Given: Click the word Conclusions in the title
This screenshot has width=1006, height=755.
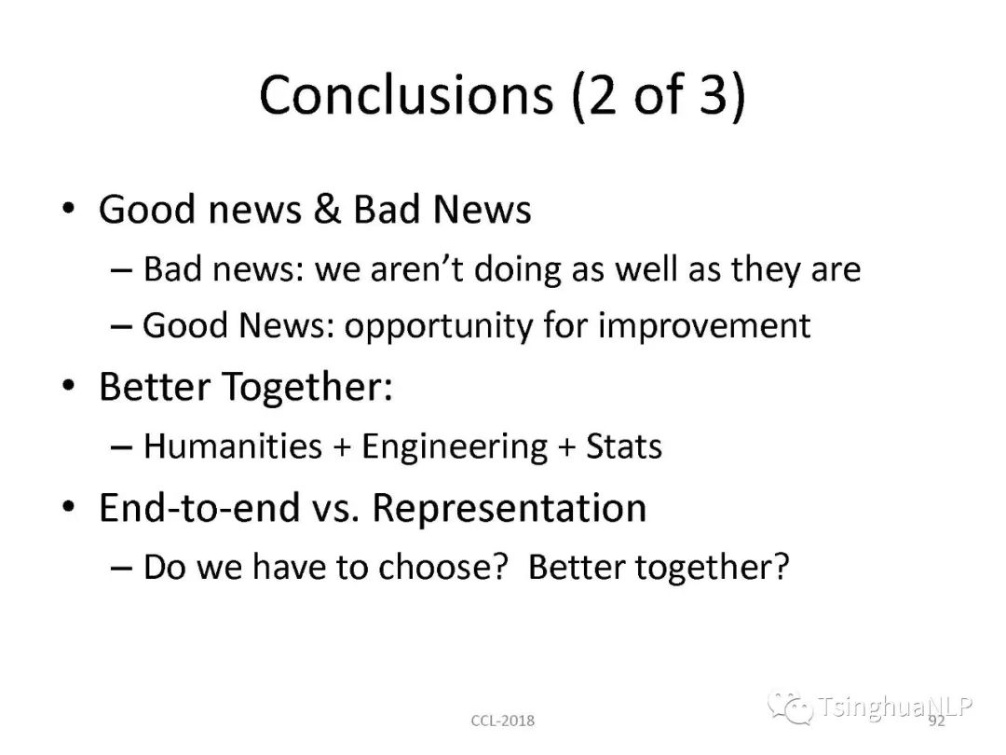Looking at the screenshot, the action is [406, 95].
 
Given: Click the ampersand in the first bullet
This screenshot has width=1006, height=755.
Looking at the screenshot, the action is [327, 210].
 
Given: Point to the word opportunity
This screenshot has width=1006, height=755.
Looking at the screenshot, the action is [438, 326].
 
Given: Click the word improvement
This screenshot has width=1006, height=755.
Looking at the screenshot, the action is [704, 325].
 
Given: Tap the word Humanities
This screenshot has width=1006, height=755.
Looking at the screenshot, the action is [233, 446].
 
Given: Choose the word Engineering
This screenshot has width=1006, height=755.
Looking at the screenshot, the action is [455, 446].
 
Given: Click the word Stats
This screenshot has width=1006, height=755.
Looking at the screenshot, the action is [623, 446].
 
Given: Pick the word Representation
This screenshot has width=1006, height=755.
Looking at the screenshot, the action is [509, 509].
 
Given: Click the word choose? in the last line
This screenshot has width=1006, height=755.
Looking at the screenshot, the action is [443, 567].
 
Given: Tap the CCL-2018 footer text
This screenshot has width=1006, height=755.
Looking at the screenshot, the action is [502, 721].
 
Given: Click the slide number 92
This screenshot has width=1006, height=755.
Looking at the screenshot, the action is [937, 721].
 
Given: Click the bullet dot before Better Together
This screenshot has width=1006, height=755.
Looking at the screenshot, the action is [69, 386].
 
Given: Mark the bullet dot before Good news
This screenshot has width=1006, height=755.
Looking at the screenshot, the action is [69, 209].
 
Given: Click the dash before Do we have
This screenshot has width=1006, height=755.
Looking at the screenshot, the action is [122, 569].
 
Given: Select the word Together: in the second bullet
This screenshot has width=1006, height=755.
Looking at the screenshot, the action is [307, 387].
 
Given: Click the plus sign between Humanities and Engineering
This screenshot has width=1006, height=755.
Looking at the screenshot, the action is [342, 447].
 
